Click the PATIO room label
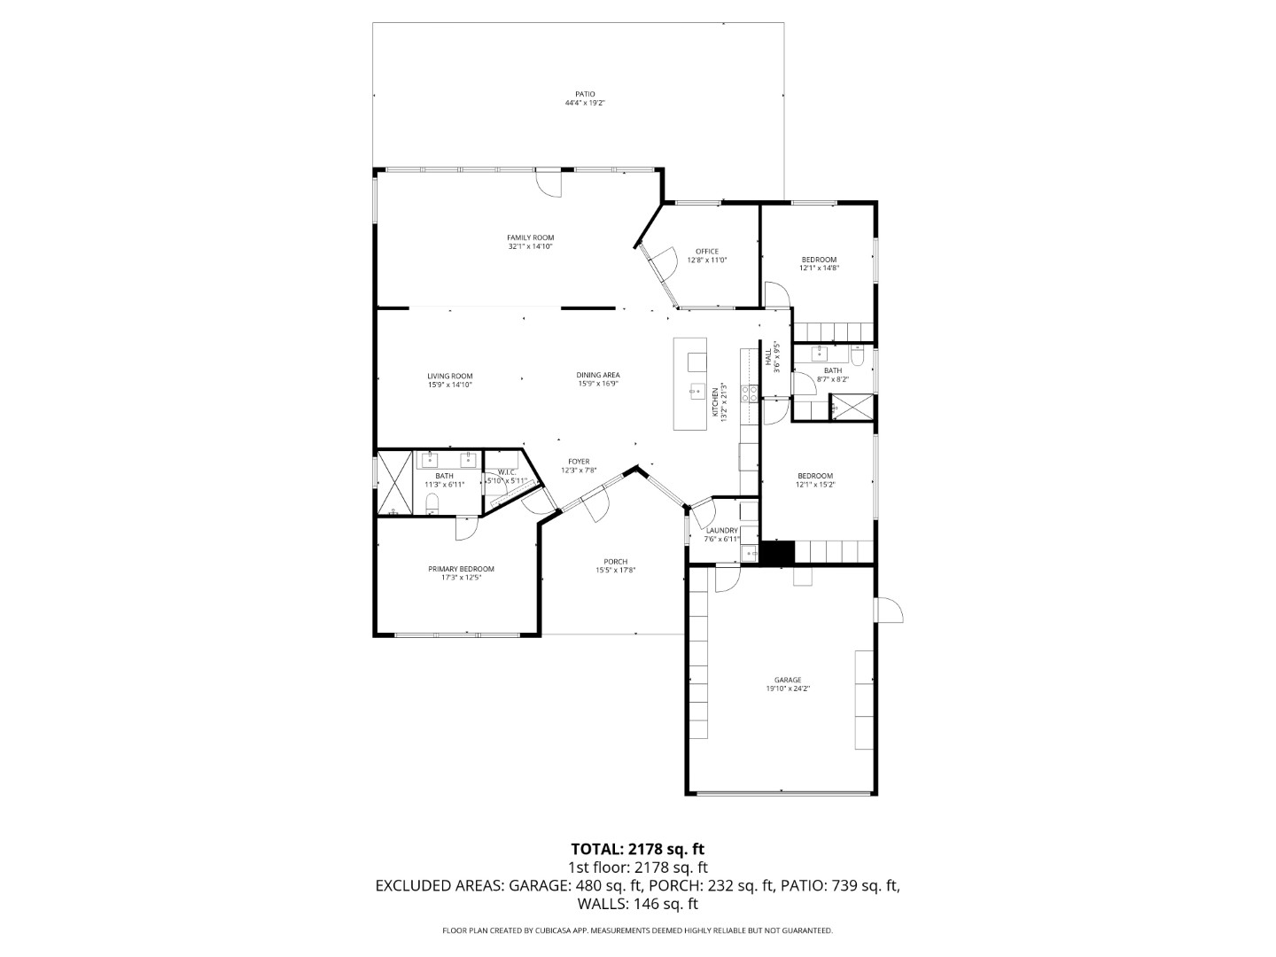pyautogui.click(x=584, y=94)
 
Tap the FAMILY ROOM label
pyautogui.click(x=530, y=237)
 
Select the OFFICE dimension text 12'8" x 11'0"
pyautogui.click(x=706, y=261)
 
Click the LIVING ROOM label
pyautogui.click(x=449, y=376)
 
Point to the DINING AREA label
pyautogui.click(x=598, y=375)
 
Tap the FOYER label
pyautogui.click(x=579, y=462)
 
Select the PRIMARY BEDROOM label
pyautogui.click(x=461, y=569)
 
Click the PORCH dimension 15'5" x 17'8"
pyautogui.click(x=615, y=571)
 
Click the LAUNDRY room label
pyautogui.click(x=721, y=531)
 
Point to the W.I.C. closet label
pyautogui.click(x=507, y=472)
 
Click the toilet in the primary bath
pyautogui.click(x=432, y=505)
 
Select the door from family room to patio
pyautogui.click(x=549, y=183)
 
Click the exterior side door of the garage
pyautogui.click(x=889, y=611)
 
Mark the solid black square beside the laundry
pyautogui.click(x=779, y=552)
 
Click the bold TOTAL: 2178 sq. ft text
pyautogui.click(x=637, y=849)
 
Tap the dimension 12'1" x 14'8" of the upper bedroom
pyautogui.click(x=819, y=268)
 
